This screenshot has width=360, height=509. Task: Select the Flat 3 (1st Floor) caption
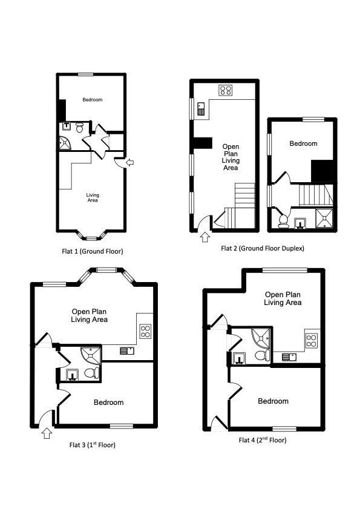click(x=93, y=445)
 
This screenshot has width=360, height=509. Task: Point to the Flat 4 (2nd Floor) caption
click(x=263, y=440)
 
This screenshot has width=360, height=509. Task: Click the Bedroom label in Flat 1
click(x=93, y=100)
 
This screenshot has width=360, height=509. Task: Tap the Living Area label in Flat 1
click(x=93, y=197)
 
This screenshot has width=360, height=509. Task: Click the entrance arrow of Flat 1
click(x=129, y=162)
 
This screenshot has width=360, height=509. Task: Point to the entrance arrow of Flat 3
click(x=46, y=433)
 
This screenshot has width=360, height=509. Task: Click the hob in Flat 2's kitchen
click(x=225, y=91)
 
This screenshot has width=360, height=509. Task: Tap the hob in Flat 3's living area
click(x=145, y=331)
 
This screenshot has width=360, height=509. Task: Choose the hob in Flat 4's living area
click(x=312, y=340)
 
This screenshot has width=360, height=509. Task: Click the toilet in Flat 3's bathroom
click(x=92, y=373)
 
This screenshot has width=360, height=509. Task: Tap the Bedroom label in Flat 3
click(x=109, y=402)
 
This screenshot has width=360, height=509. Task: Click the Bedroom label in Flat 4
click(x=273, y=401)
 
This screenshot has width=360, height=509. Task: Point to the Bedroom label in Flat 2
click(x=303, y=143)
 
